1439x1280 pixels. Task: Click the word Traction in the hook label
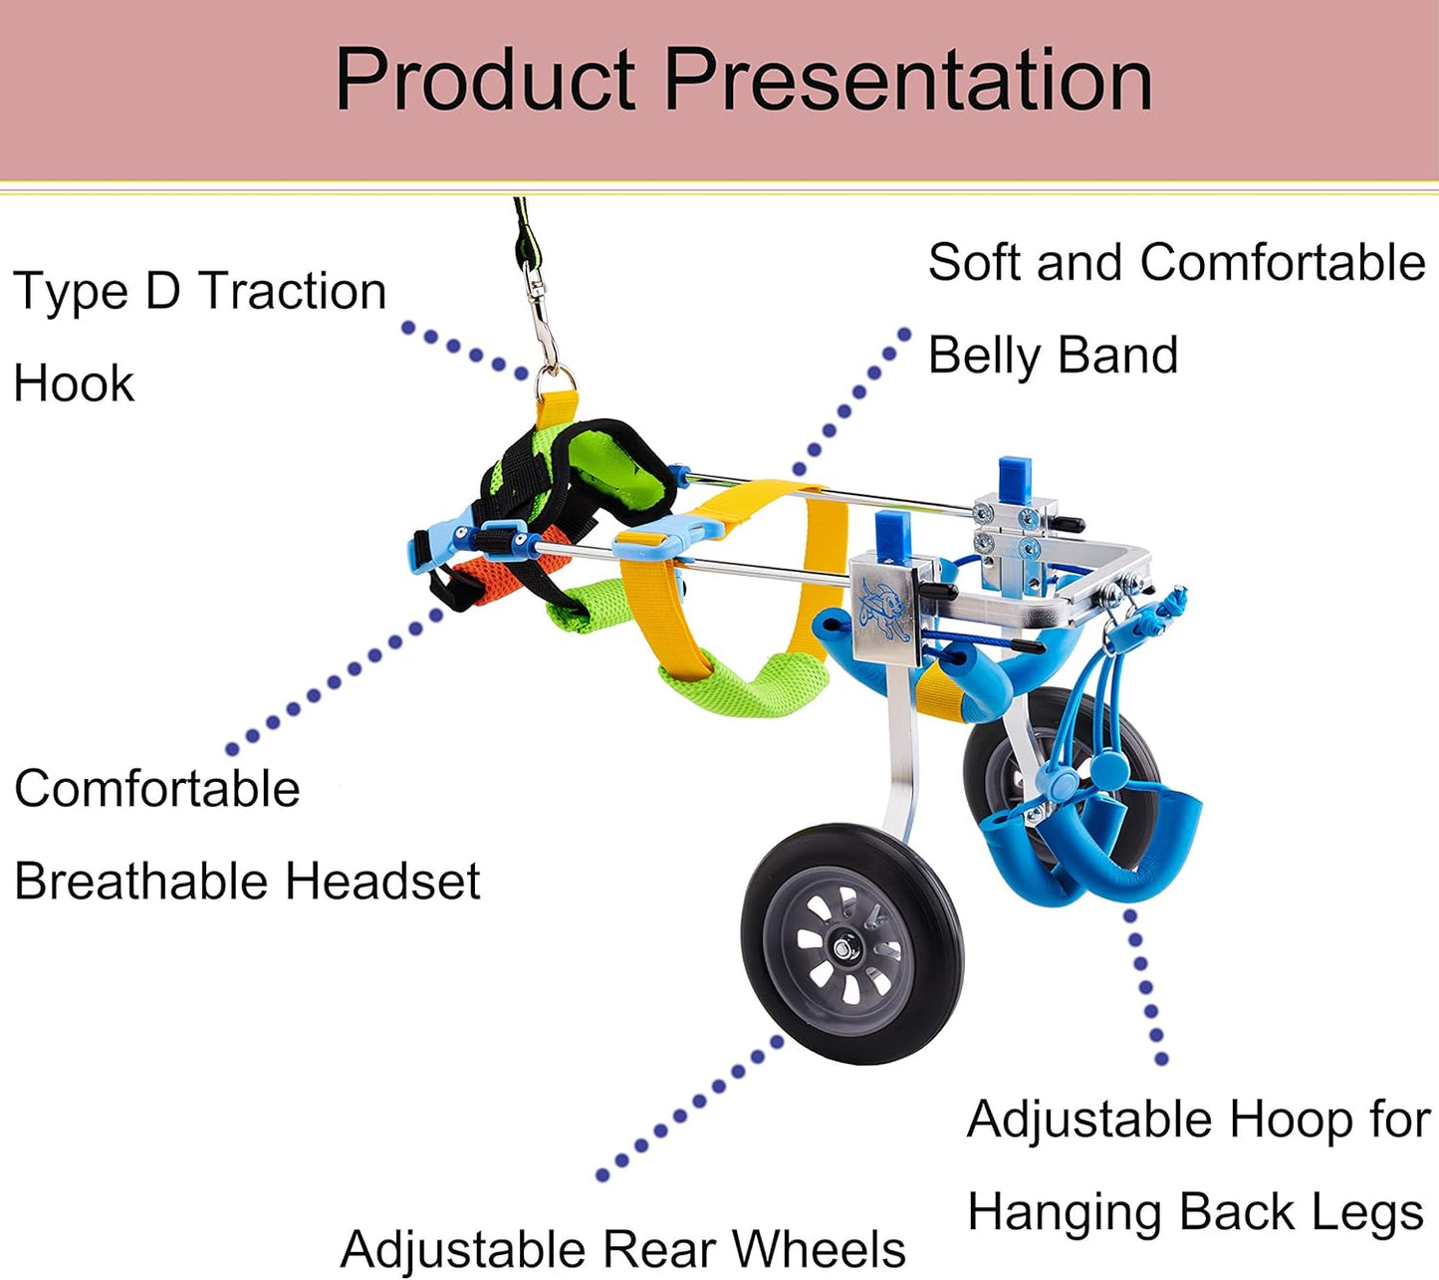click(x=292, y=291)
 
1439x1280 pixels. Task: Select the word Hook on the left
click(x=74, y=384)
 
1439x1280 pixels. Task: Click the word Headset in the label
click(x=382, y=882)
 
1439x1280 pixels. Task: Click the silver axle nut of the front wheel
click(x=843, y=947)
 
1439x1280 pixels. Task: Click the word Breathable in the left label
click(x=143, y=882)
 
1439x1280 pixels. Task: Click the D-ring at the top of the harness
click(x=555, y=378)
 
